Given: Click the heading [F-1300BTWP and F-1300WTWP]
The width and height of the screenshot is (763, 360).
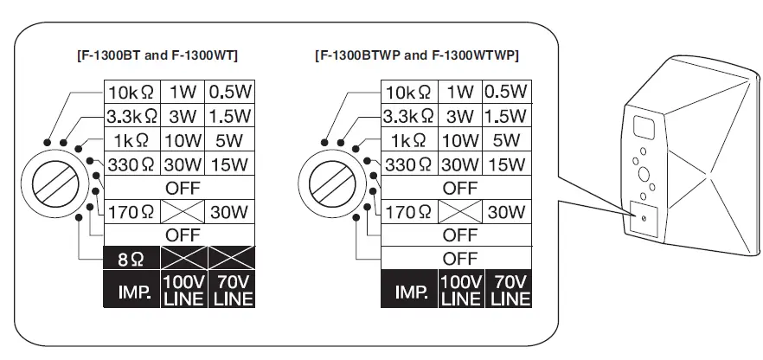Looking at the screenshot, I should pyautogui.click(x=417, y=55).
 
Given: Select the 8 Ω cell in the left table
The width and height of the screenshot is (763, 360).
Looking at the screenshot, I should pyautogui.click(x=131, y=258).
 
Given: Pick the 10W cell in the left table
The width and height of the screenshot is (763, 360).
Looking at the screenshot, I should pyautogui.click(x=183, y=140).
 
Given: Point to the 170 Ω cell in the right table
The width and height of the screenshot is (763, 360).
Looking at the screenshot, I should pyautogui.click(x=411, y=211).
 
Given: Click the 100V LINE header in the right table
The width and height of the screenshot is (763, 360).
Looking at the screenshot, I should pyautogui.click(x=461, y=292).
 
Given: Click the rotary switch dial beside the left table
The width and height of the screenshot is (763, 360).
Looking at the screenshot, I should pyautogui.click(x=57, y=183).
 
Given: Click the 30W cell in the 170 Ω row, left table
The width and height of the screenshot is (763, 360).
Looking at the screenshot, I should pyautogui.click(x=232, y=211).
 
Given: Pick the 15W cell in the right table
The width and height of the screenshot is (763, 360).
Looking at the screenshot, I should pyautogui.click(x=506, y=164).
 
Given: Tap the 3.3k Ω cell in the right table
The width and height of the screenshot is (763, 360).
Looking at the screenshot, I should pyautogui.click(x=411, y=116).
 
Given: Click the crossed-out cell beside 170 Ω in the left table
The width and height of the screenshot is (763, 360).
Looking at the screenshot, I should pyautogui.click(x=183, y=211).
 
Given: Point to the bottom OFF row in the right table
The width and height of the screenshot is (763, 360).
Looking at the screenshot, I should pyautogui.click(x=459, y=258).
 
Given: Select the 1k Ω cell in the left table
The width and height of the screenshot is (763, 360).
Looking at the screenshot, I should pyautogui.click(x=132, y=140).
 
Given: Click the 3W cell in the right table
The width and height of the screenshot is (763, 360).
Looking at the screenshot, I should pyautogui.click(x=461, y=116).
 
